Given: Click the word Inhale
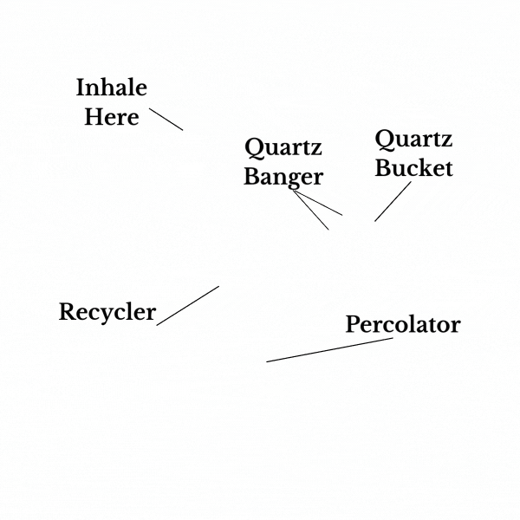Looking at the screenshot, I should click(x=112, y=88).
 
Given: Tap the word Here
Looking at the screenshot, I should click(x=112, y=116).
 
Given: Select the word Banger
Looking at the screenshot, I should click(x=283, y=177).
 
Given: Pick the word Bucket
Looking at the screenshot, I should click(x=413, y=167).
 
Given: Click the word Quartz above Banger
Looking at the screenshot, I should click(x=283, y=147).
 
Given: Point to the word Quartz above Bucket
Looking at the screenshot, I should click(x=413, y=139).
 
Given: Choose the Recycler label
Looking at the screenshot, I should click(x=107, y=312).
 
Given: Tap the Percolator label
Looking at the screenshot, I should click(x=403, y=325).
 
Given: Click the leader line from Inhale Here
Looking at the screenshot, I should click(x=166, y=120).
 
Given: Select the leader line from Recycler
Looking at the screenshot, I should click(x=187, y=306).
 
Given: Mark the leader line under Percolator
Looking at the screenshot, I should click(x=329, y=350).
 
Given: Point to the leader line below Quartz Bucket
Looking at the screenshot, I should click(x=393, y=202).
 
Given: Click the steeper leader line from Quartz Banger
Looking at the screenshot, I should click(x=311, y=211).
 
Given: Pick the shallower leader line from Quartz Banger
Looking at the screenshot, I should click(x=318, y=203).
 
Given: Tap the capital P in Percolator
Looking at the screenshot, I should click(x=353, y=325).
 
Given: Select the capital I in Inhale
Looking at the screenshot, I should click(x=81, y=88).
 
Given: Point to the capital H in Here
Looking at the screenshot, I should click(x=92, y=116).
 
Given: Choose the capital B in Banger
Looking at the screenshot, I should click(x=250, y=177).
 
